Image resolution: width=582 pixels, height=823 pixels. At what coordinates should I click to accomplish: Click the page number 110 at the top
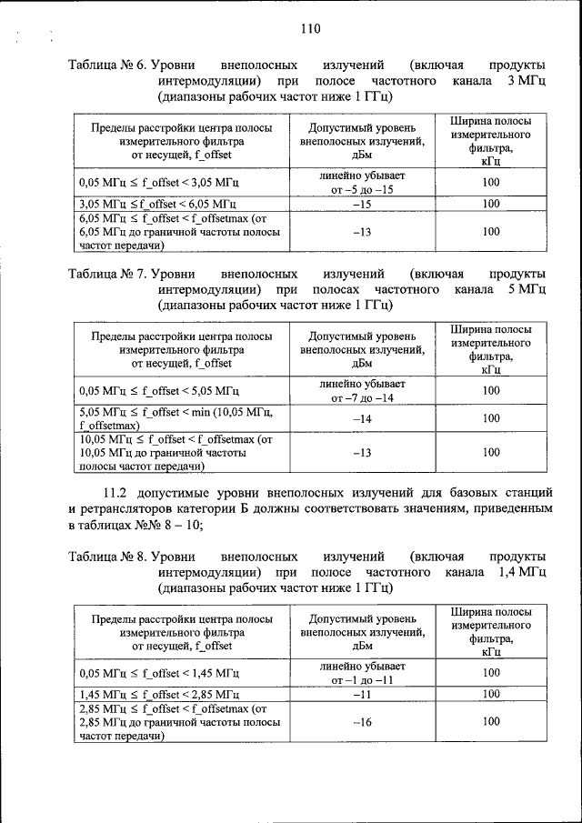coord(309,28)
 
